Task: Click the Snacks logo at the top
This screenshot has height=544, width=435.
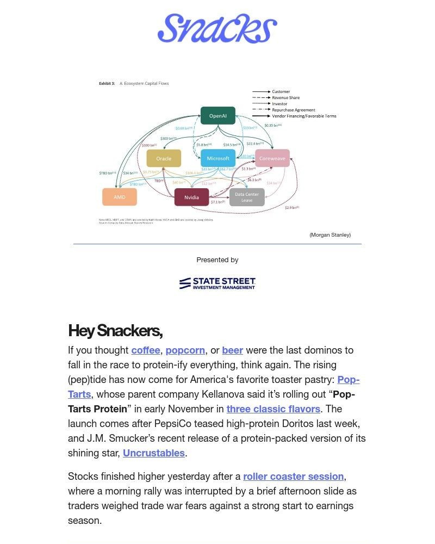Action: [x=217, y=29]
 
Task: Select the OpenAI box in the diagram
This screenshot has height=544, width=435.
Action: [x=218, y=116]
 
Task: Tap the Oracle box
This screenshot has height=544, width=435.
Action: [x=164, y=158]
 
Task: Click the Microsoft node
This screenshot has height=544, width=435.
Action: [x=218, y=158]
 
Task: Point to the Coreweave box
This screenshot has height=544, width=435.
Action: [x=272, y=158]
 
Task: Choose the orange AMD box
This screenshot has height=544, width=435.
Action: [x=120, y=197]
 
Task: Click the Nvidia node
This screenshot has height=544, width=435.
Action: [x=191, y=197]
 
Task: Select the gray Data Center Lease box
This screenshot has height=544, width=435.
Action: [x=247, y=197]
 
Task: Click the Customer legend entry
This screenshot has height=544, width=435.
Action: [x=281, y=91]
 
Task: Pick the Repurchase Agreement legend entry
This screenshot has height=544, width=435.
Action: [x=293, y=110]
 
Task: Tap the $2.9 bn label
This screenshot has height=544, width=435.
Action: [x=292, y=207]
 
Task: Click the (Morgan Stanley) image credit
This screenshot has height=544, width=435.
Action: [x=330, y=235]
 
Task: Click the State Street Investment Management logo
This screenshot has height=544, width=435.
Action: [x=217, y=283]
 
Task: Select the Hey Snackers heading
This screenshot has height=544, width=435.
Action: [x=115, y=331]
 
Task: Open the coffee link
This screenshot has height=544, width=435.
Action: [x=146, y=350]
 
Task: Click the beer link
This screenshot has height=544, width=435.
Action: [x=232, y=350]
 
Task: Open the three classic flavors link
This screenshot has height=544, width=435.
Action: [x=274, y=409]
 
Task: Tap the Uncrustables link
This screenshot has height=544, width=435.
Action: [x=154, y=453]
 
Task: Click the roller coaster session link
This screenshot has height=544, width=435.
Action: [x=293, y=477]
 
